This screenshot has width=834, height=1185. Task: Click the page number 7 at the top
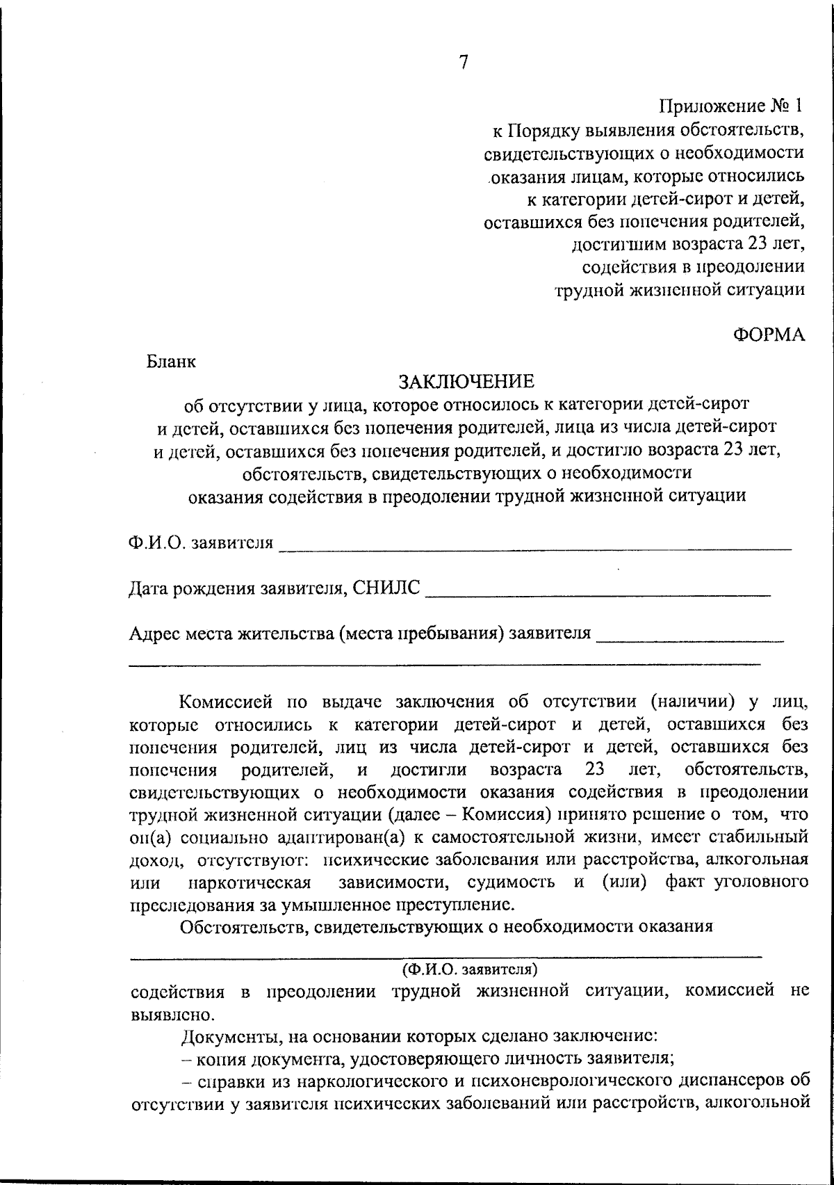[x=464, y=63]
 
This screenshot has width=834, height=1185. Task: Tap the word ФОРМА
[x=769, y=334]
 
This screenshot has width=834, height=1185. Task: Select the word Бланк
[x=171, y=362]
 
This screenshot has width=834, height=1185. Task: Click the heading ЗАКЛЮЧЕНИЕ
[x=465, y=381]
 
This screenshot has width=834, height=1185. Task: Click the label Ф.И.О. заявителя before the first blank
[x=201, y=542]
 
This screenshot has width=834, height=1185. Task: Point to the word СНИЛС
[x=386, y=588]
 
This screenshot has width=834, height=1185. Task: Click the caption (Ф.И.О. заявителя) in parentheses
[x=471, y=969]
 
